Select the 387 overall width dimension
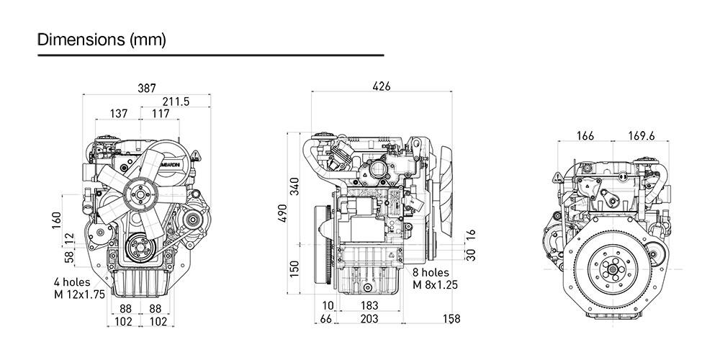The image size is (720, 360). click(147, 88)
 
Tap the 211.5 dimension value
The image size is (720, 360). click(176, 102)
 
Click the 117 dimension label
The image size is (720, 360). click(161, 114)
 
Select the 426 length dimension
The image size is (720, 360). click(382, 86)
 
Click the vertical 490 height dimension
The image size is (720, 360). click(282, 214)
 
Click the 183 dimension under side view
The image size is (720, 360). click(369, 305)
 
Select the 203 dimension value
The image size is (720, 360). click(369, 318)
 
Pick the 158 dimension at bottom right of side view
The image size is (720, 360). click(451, 318)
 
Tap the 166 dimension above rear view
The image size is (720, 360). click(585, 135)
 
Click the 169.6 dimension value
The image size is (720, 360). click(641, 135)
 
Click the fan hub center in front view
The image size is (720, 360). click(138, 193)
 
